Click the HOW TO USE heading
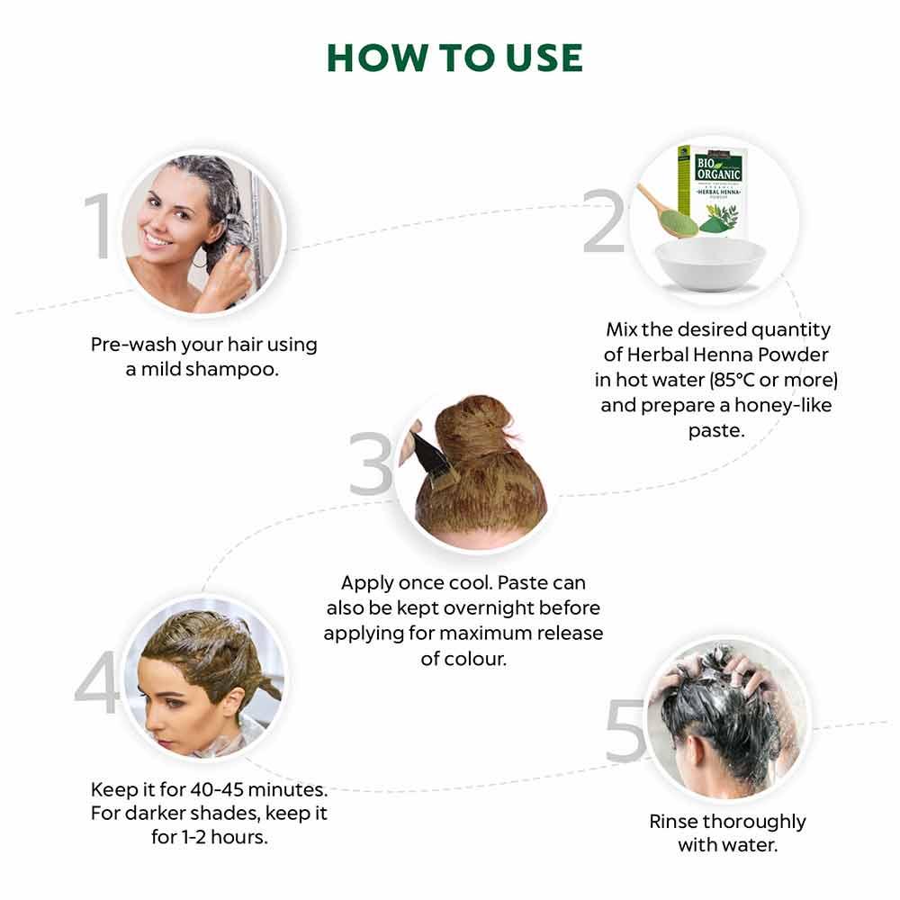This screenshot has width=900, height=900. [x=454, y=58]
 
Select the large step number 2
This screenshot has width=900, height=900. [x=604, y=222]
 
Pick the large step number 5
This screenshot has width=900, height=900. [x=625, y=730]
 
